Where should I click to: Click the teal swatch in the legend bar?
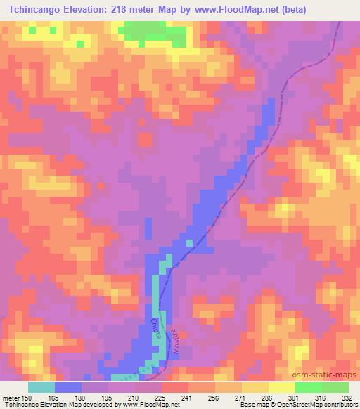(x=41, y=387)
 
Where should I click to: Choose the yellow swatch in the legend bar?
(x=255, y=387)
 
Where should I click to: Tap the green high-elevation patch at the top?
(x=152, y=32)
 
